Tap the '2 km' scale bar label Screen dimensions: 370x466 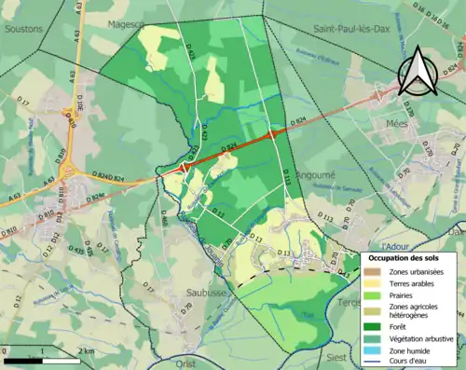pyautogui.click(x=85, y=349)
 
